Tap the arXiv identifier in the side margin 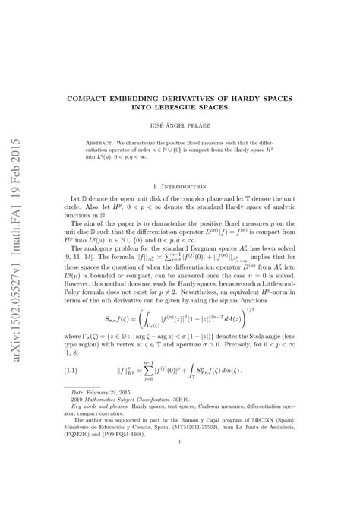tap(16, 228)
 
